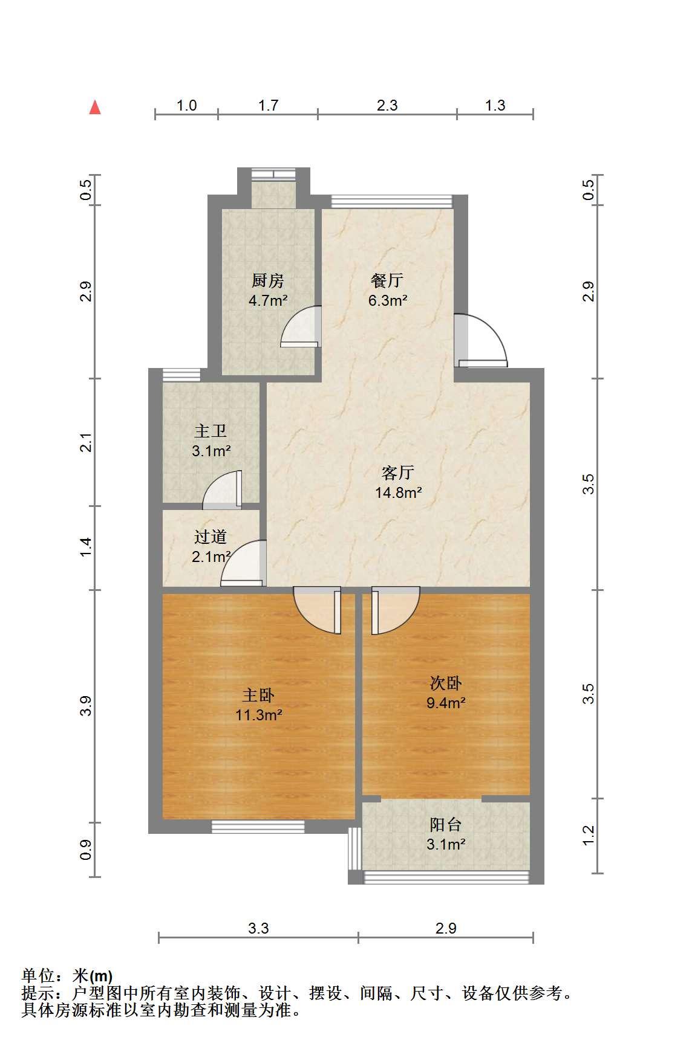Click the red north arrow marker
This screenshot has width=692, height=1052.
[x=95, y=108]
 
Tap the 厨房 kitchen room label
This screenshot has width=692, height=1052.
[x=268, y=281]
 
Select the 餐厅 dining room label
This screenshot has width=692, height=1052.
[x=387, y=280]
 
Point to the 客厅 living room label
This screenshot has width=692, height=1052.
[x=398, y=473]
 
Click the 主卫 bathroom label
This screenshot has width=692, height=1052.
[x=211, y=431]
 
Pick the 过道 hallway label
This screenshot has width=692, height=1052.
[x=211, y=537]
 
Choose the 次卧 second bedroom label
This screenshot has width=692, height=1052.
[x=446, y=683]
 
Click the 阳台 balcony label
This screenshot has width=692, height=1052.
[x=446, y=825]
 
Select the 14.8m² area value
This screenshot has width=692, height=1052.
[x=398, y=492]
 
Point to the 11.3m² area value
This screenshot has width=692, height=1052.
[x=259, y=715]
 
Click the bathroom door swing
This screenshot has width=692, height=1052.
[x=222, y=488]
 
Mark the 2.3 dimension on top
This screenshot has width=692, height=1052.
[x=387, y=106]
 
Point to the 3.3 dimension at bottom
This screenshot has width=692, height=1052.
[x=258, y=928]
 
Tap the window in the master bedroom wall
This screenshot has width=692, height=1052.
[x=258, y=827]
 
